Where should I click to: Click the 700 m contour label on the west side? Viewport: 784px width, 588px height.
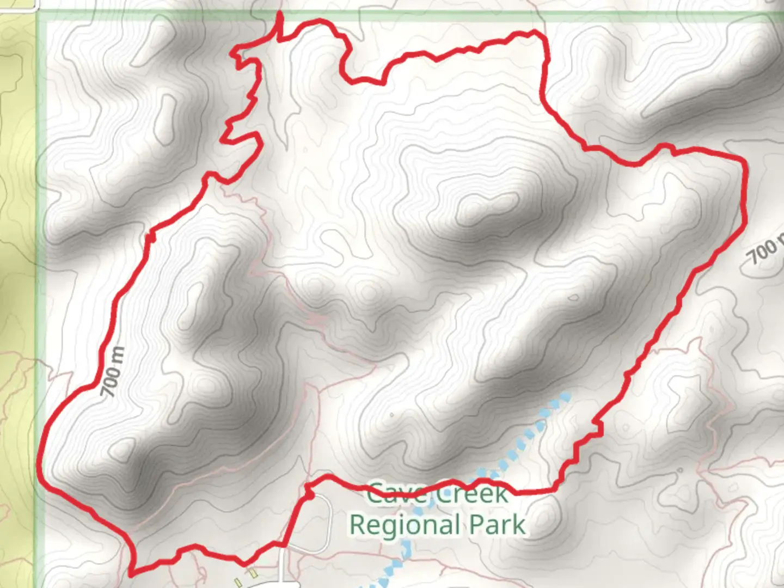click(x=113, y=372)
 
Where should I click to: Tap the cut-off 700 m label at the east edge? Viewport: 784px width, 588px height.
click(x=765, y=250)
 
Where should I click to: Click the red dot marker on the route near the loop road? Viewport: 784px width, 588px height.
click(x=309, y=496)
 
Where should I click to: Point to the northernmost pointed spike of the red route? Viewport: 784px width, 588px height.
click(x=280, y=13)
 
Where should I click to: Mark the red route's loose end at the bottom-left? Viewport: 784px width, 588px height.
click(x=131, y=573)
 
